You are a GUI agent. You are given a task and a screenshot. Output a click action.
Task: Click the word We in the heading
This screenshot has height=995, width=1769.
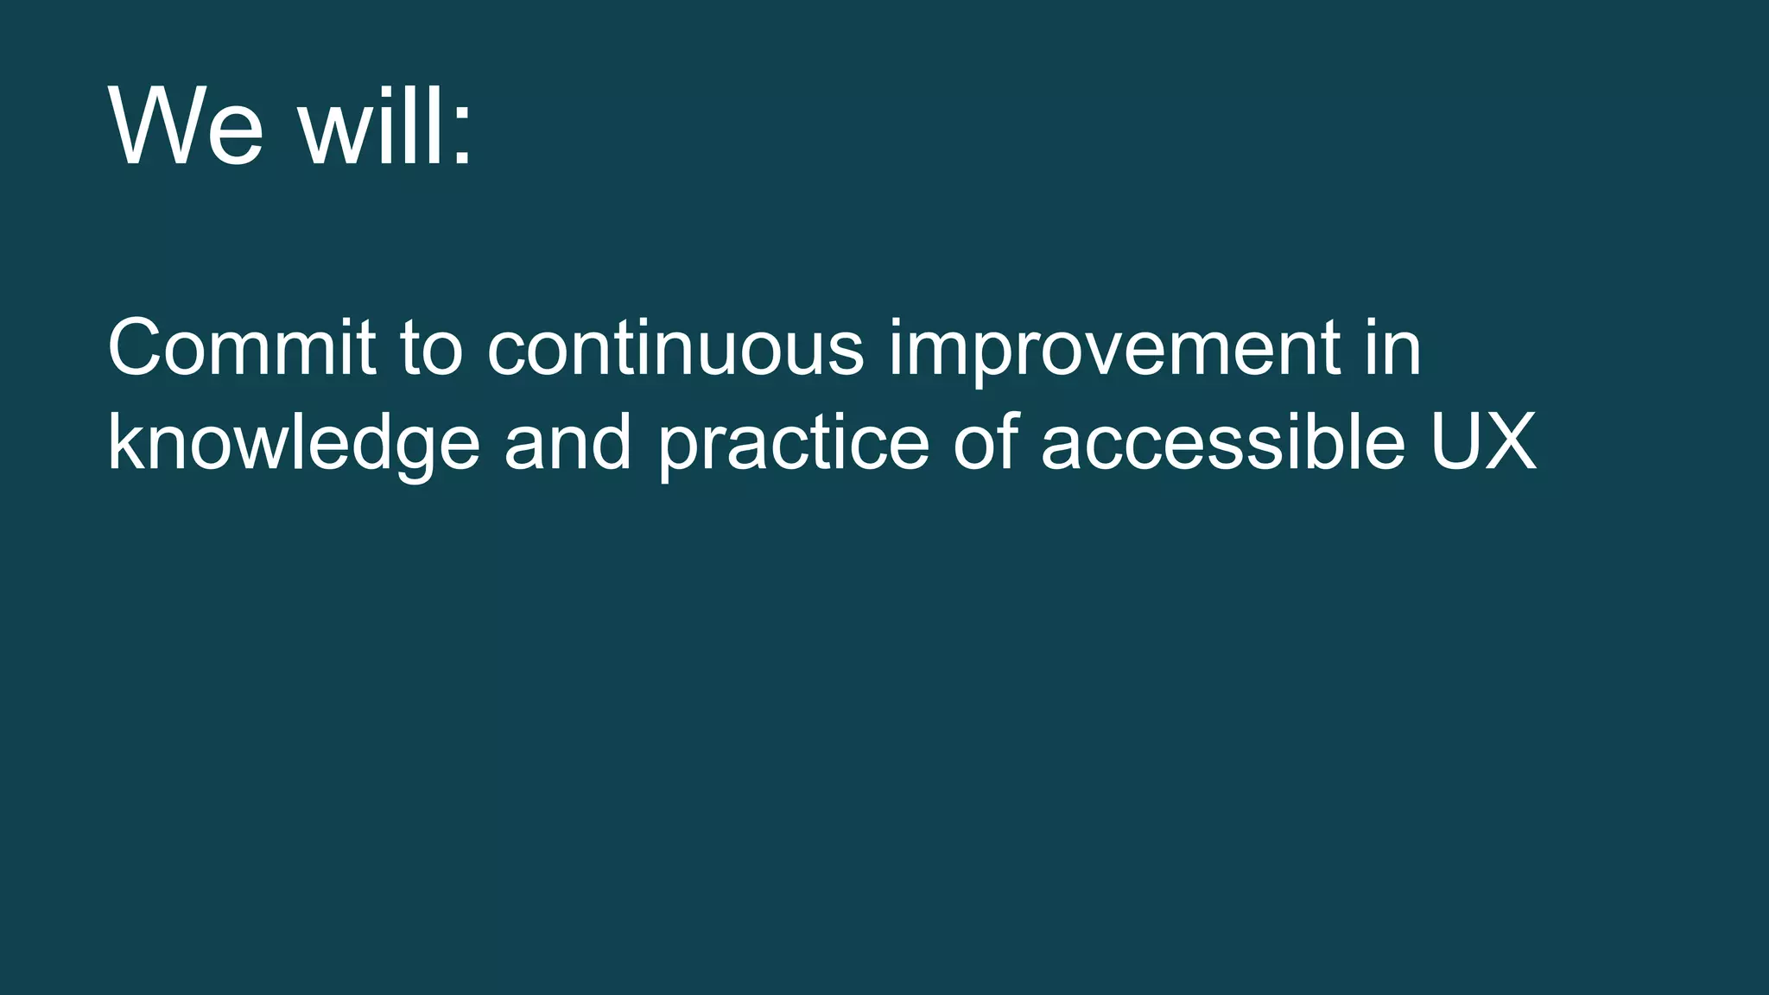(x=185, y=126)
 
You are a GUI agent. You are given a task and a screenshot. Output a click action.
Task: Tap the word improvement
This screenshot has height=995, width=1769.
(x=1115, y=351)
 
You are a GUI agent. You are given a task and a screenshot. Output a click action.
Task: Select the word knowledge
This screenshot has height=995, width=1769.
(x=294, y=442)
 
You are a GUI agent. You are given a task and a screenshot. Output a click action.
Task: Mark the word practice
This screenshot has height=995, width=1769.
(x=794, y=442)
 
